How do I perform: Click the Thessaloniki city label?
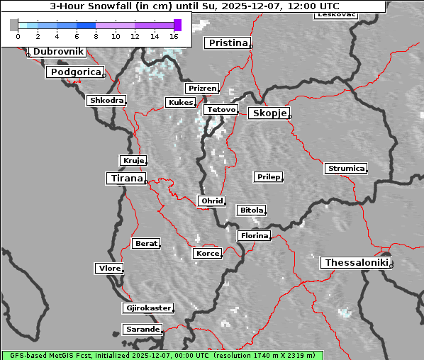tap(356, 263)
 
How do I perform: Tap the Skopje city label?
tap(269, 113)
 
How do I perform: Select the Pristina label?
tap(228, 43)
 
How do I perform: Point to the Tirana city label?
tap(125, 179)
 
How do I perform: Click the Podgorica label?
tap(75, 72)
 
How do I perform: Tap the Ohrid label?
tap(212, 201)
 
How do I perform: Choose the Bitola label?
tap(251, 210)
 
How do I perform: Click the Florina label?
tap(254, 235)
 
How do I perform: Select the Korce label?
tap(207, 253)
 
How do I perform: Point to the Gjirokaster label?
tap(147, 308)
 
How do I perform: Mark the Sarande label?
tap(142, 330)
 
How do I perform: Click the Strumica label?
tap(346, 169)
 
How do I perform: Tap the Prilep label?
tap(269, 176)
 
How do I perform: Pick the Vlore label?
tap(109, 268)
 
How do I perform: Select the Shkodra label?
tap(106, 101)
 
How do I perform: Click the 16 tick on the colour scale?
tap(173, 35)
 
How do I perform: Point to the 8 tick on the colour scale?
tap(96, 35)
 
